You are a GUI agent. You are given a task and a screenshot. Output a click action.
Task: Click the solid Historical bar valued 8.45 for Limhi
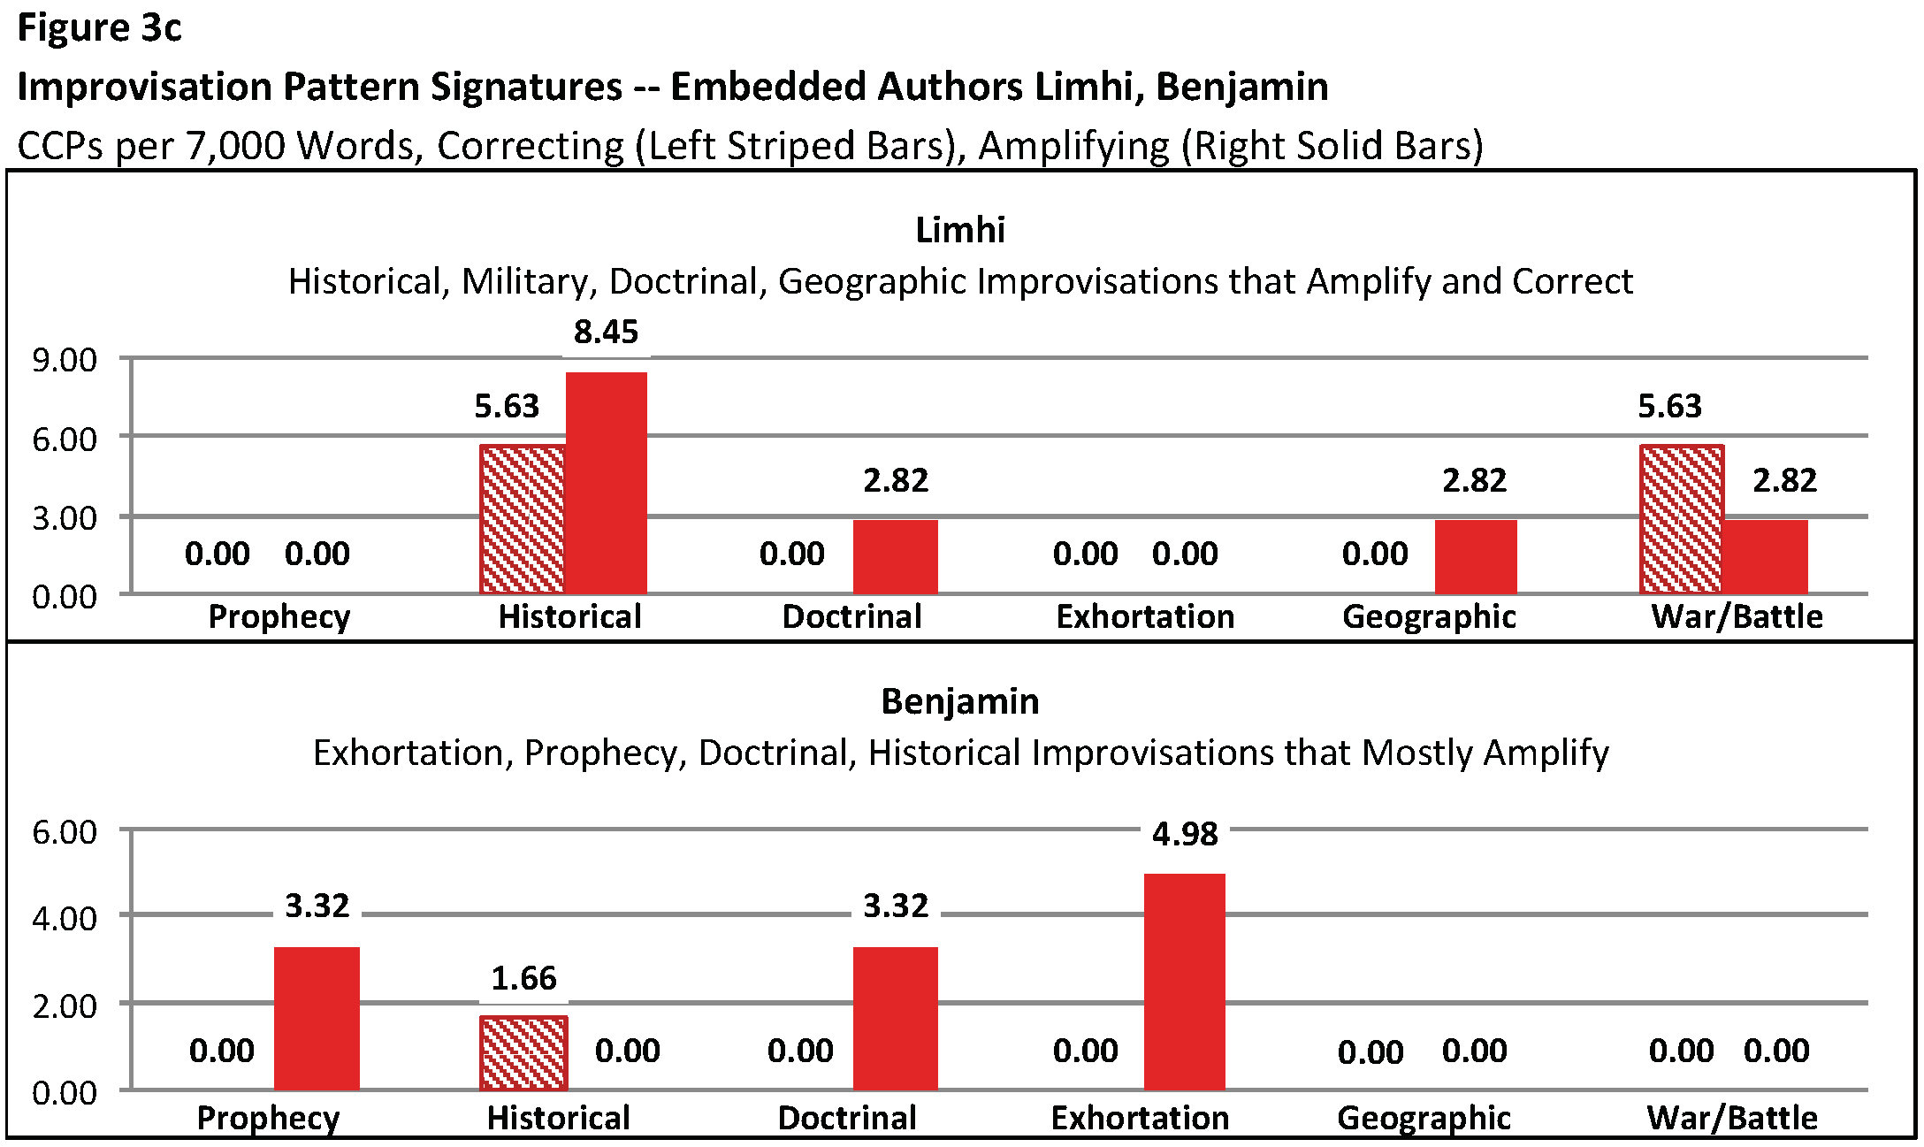[607, 483]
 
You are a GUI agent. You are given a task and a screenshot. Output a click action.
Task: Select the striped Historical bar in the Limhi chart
[523, 519]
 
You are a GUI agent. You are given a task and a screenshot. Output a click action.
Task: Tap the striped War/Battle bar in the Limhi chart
[1682, 519]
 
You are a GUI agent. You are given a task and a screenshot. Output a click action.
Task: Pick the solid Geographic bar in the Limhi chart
[1476, 556]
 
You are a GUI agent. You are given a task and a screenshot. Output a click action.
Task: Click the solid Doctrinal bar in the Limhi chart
[895, 556]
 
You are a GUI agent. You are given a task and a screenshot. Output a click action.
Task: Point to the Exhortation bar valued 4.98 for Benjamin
[1185, 982]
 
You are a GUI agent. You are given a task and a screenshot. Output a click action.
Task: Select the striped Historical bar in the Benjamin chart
[523, 1053]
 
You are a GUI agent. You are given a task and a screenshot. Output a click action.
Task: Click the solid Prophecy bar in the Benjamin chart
[317, 1018]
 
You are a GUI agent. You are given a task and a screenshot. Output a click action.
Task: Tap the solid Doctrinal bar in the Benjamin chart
[895, 1018]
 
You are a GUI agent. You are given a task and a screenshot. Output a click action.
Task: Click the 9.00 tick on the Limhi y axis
[65, 360]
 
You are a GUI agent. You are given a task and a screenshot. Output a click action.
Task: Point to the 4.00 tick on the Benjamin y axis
[65, 918]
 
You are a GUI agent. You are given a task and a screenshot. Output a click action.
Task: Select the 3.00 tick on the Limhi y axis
[65, 518]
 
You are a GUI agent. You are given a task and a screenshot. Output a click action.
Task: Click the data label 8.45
[606, 333]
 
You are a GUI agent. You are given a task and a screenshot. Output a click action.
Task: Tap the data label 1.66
[523, 979]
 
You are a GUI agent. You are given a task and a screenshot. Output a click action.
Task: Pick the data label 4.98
[1185, 834]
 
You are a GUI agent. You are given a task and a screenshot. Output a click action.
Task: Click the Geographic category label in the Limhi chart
[1429, 616]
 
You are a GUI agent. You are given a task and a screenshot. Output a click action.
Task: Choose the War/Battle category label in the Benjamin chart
[1732, 1118]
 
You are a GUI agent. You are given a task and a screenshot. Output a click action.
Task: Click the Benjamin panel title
[960, 701]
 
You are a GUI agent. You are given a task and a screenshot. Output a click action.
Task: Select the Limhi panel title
[960, 230]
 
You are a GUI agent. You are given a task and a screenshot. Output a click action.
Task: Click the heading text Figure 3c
[99, 28]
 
